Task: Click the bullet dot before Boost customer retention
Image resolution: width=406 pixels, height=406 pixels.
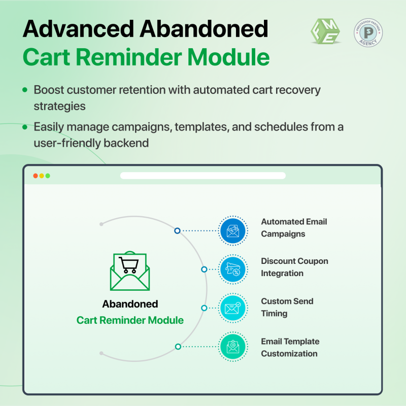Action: point(25,90)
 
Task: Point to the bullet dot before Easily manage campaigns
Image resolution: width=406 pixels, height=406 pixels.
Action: point(25,127)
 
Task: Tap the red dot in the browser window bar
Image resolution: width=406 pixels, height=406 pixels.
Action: point(36,176)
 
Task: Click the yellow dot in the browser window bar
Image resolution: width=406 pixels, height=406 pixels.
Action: point(42,176)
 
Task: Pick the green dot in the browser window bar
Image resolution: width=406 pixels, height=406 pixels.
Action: point(48,176)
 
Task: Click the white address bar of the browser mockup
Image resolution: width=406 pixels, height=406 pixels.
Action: point(203,176)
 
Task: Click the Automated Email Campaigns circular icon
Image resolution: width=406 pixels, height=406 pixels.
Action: point(233,230)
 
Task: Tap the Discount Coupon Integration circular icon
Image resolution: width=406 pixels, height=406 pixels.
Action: point(233,269)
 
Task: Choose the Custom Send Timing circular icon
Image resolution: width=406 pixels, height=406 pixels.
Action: point(233,308)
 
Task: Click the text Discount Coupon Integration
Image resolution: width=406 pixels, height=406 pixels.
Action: point(294,267)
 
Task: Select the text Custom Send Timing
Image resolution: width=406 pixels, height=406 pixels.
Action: point(287,307)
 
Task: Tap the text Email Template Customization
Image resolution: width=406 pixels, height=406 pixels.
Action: point(290,347)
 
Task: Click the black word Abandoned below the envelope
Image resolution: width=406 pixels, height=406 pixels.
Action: point(130,304)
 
